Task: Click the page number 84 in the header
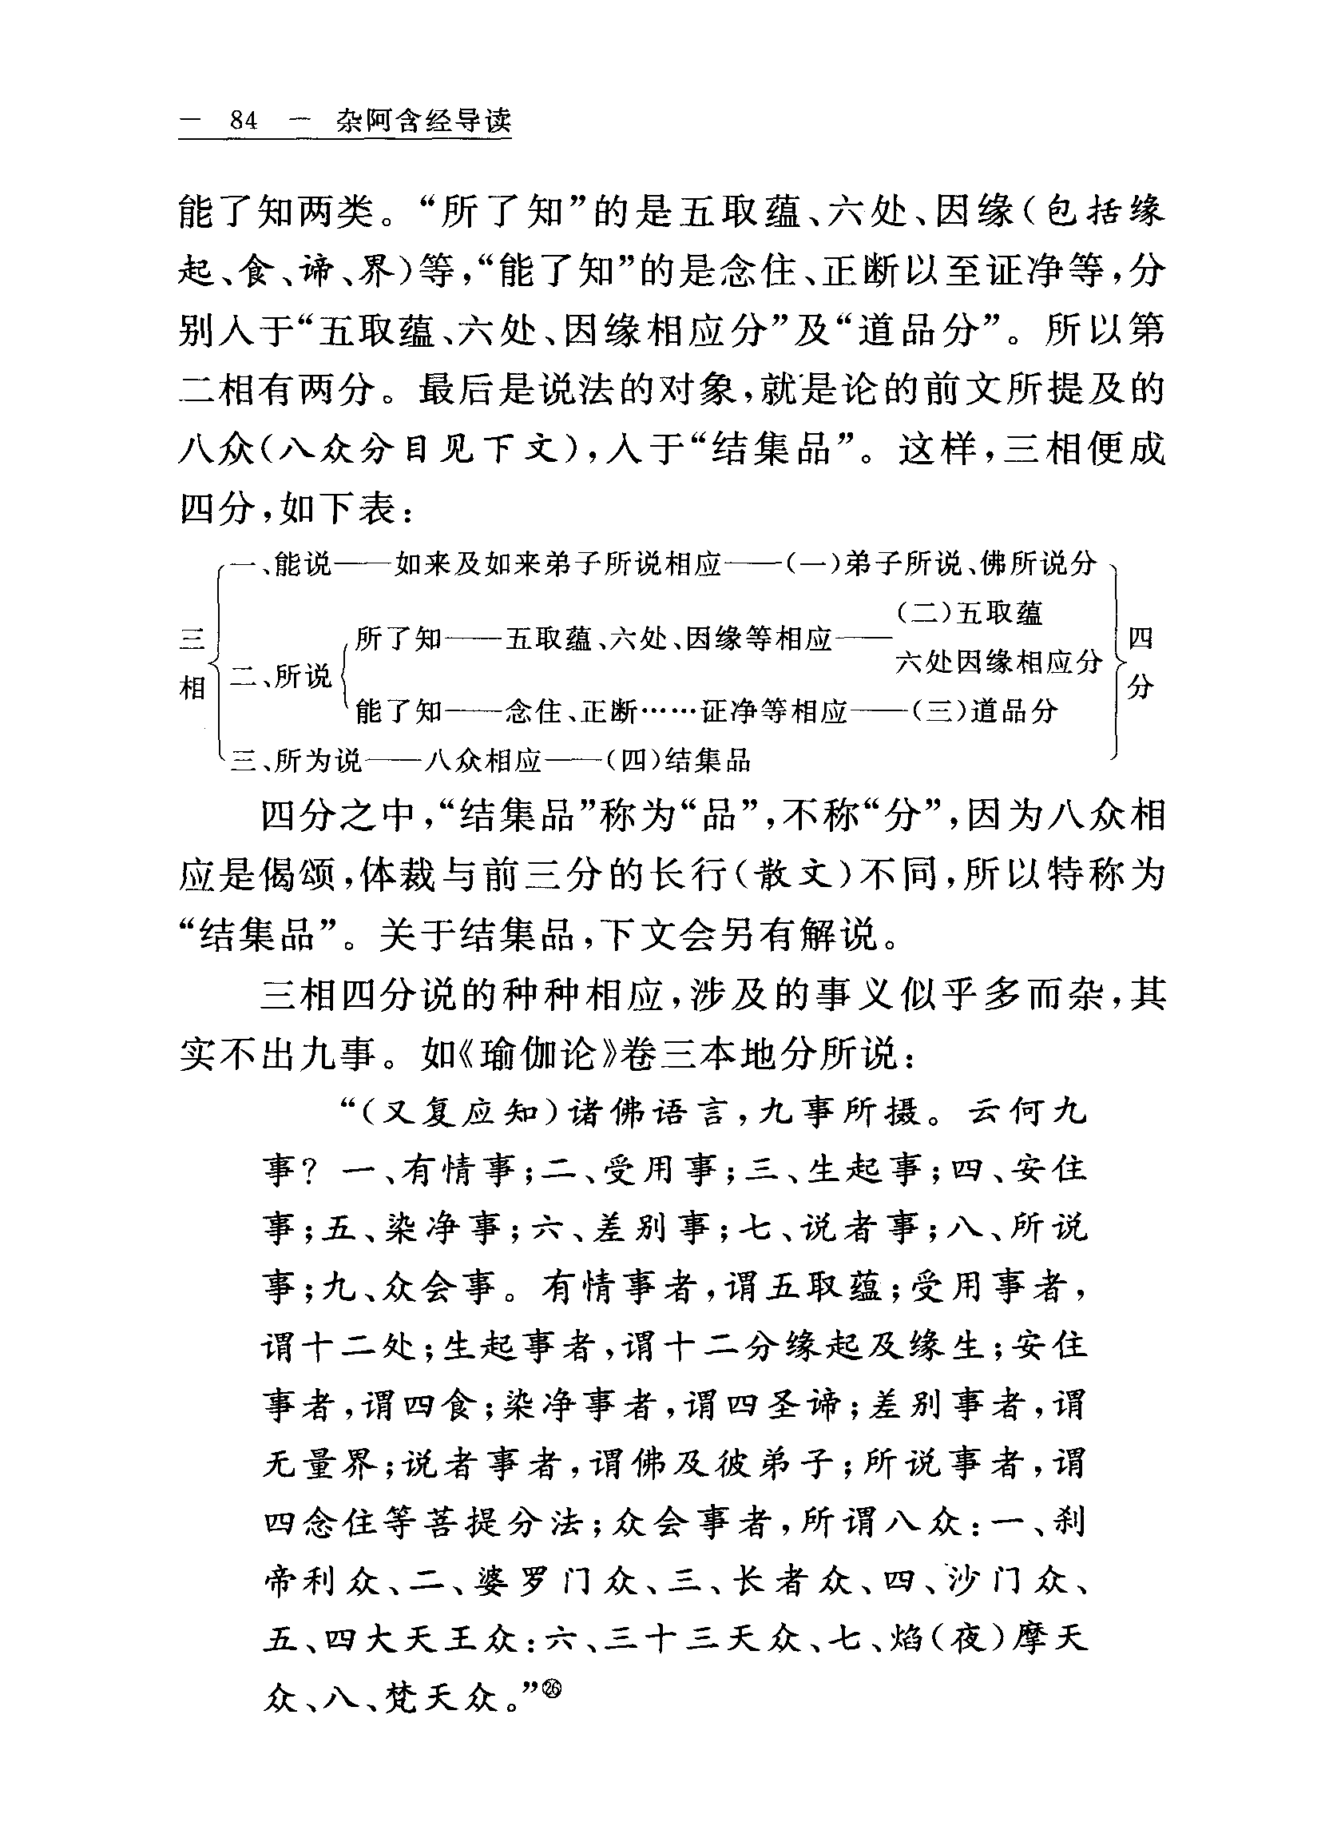(x=243, y=121)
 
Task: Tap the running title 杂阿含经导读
(x=424, y=121)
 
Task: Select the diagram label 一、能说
(x=281, y=563)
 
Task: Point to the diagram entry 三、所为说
(x=296, y=761)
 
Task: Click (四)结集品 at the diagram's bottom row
(x=679, y=761)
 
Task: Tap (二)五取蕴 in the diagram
(x=970, y=613)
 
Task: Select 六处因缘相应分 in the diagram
(x=998, y=662)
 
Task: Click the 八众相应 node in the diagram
(x=482, y=761)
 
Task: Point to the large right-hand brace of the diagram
(x=1117, y=662)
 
